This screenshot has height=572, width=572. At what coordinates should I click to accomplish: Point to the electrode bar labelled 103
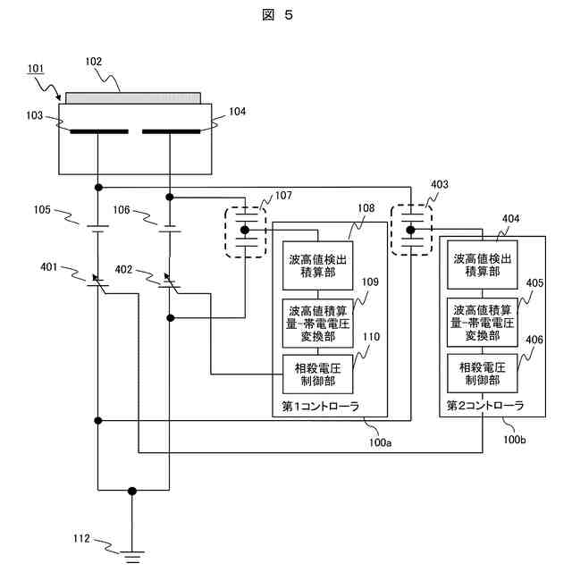97,133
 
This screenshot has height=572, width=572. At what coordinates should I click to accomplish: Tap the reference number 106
122,211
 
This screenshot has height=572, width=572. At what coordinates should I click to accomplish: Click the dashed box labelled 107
246,231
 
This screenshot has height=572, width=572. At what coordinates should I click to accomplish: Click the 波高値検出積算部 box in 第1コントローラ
317,265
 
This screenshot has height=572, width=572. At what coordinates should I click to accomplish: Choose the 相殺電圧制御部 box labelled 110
317,374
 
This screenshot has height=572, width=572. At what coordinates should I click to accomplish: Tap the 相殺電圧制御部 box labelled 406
484,374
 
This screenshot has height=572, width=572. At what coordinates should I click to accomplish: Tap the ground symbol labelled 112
133,557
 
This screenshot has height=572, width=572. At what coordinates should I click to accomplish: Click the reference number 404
510,217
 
